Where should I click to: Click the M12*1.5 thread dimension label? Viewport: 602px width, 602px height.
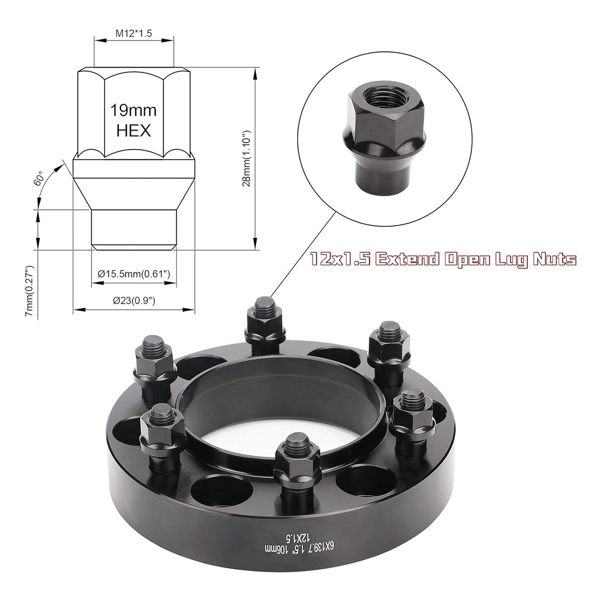(x=133, y=34)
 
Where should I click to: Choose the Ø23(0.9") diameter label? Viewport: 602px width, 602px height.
(x=134, y=301)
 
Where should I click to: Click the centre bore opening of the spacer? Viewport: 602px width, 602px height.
(x=283, y=421)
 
